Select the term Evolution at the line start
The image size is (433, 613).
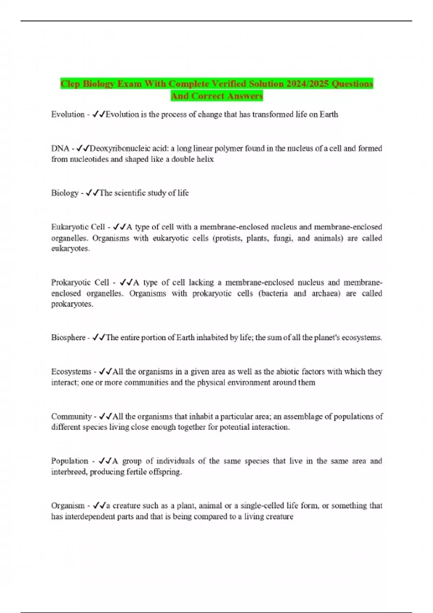pyautogui.click(x=68, y=114)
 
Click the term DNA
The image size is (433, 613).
pyautogui.click(x=60, y=148)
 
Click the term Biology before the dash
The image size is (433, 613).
pyautogui.click(x=65, y=193)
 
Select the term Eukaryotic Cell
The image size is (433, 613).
pyautogui.click(x=78, y=227)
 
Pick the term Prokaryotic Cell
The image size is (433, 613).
pyautogui.click(x=80, y=282)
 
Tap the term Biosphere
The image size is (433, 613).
pyautogui.click(x=68, y=338)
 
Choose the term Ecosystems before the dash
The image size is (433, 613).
pyautogui.click(x=71, y=371)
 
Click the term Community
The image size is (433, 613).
pyautogui.click(x=71, y=416)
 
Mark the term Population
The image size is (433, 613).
pyautogui.click(x=70, y=461)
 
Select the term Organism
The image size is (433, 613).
pyautogui.click(x=68, y=506)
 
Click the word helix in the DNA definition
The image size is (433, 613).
pyautogui.click(x=205, y=159)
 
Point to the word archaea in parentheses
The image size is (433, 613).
pyautogui.click(x=326, y=293)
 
